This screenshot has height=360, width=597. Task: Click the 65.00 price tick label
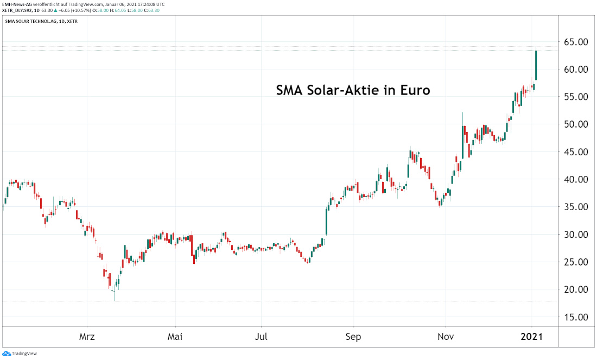pyautogui.click(x=575, y=42)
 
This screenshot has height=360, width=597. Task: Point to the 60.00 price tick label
pyautogui.click(x=575, y=70)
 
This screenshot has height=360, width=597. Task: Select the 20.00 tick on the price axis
pyautogui.click(x=575, y=289)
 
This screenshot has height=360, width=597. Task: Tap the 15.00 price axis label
pyautogui.click(x=575, y=317)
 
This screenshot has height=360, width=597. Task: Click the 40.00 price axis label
pyautogui.click(x=575, y=179)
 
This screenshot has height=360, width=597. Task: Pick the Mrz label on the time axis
pyautogui.click(x=87, y=337)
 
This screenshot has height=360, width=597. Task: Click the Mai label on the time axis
pyautogui.click(x=175, y=337)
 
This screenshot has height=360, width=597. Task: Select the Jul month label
pyautogui.click(x=262, y=337)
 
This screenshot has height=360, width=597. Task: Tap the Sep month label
pyautogui.click(x=353, y=337)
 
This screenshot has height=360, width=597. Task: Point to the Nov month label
pyautogui.click(x=446, y=337)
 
